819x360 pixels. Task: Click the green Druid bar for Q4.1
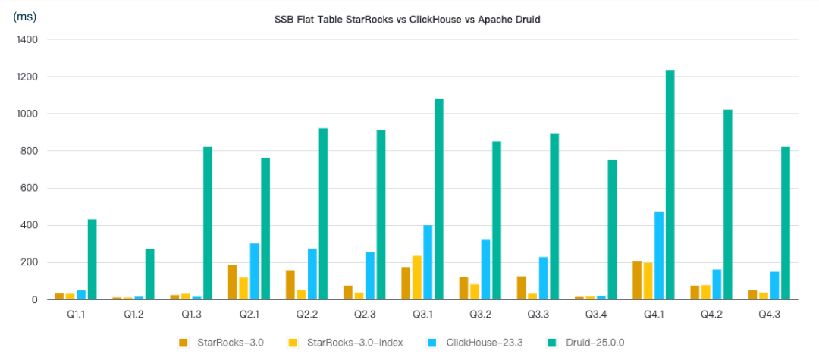[670, 185]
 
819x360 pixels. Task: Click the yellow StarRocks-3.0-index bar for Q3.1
[416, 277]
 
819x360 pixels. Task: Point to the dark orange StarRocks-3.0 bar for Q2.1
[232, 282]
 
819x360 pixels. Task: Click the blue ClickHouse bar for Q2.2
[312, 274]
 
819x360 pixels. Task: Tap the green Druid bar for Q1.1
[92, 259]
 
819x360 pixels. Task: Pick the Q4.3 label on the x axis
[770, 313]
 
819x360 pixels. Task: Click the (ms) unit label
[25, 17]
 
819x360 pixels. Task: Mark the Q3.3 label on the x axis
[539, 313]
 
